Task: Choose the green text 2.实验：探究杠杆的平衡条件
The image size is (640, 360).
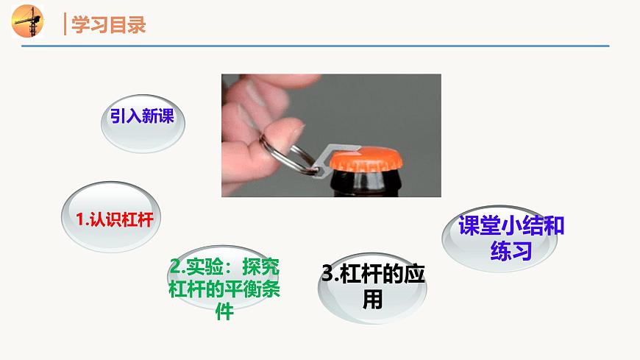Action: pyautogui.click(x=224, y=287)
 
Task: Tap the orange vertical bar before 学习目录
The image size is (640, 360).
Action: pyautogui.click(x=65, y=24)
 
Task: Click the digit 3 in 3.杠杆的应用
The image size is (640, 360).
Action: pyautogui.click(x=328, y=273)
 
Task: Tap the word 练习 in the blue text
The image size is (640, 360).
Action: pyautogui.click(x=511, y=251)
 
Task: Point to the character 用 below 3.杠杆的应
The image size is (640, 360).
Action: pyautogui.click(x=373, y=298)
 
